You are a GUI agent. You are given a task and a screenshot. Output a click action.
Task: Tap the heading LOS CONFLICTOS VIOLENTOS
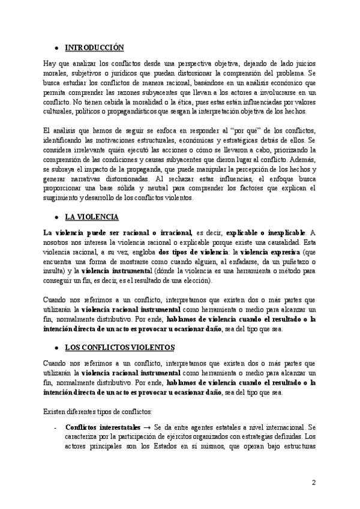[119, 347]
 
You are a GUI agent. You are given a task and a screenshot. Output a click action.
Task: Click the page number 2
[313, 483]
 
